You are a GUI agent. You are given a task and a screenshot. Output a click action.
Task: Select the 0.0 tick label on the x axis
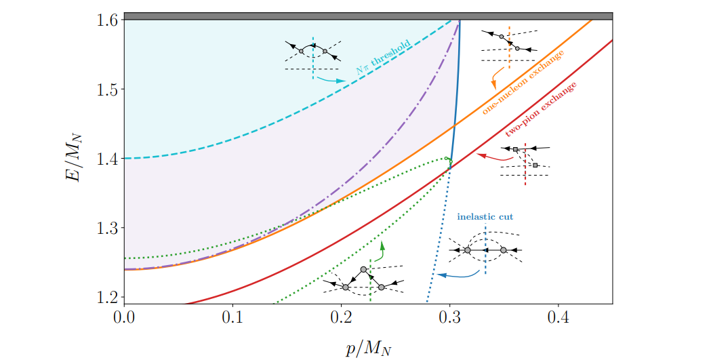[x=124, y=317]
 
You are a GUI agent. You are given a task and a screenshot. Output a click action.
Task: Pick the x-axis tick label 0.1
[x=232, y=317]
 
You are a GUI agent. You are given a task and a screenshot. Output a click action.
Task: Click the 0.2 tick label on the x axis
[x=341, y=317]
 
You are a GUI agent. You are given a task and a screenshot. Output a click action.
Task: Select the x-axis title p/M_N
[x=368, y=346]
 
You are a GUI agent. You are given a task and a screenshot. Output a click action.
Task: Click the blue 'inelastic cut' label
[x=485, y=217]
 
